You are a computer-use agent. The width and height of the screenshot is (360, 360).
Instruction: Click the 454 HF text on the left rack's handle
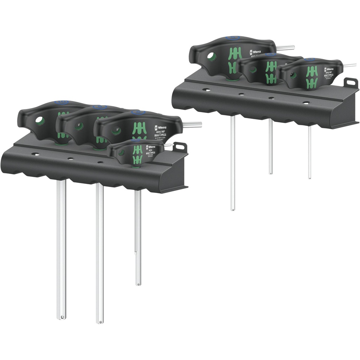point(160,132)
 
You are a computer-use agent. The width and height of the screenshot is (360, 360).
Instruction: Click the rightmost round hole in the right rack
point(307,103)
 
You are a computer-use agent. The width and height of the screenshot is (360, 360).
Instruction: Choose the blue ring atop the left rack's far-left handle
point(62,103)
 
